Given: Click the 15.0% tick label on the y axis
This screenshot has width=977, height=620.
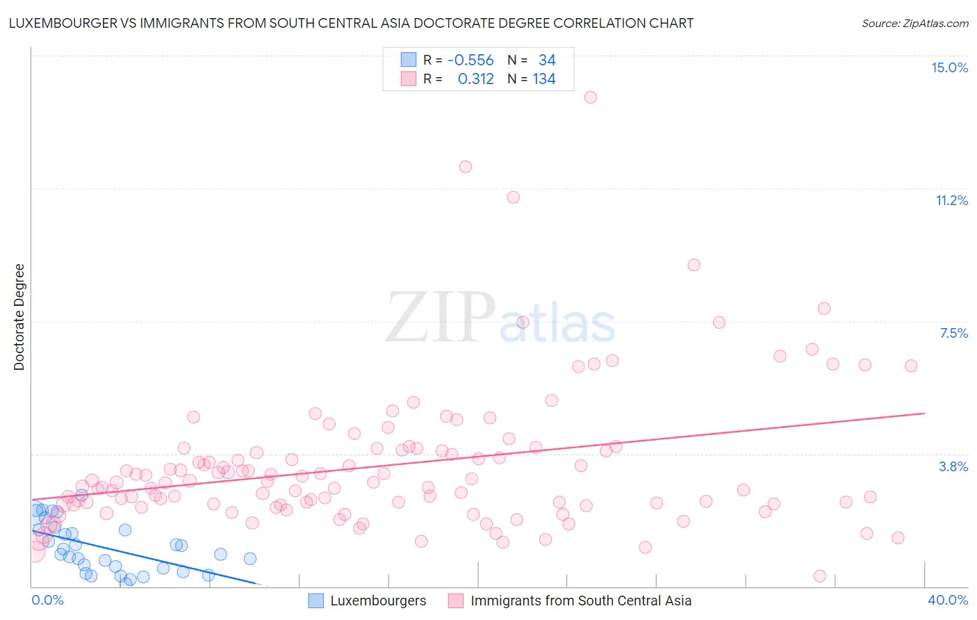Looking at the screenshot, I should pyautogui.click(x=949, y=67).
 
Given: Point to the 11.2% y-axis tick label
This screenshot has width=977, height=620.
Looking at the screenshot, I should pyautogui.click(x=951, y=200).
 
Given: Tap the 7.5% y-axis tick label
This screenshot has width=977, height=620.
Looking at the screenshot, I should pyautogui.click(x=953, y=333).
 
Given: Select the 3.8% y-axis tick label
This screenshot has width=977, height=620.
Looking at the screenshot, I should pyautogui.click(x=953, y=466).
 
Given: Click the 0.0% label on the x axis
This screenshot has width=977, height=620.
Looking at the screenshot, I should pyautogui.click(x=47, y=600).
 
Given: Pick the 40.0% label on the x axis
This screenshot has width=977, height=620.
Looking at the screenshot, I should pyautogui.click(x=947, y=600).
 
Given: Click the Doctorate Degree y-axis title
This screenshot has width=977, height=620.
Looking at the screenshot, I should pyautogui.click(x=19, y=317).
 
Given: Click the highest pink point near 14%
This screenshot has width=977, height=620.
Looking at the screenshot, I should pyautogui.click(x=591, y=97).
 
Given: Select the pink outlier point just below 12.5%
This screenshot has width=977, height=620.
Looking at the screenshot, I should pyautogui.click(x=466, y=167).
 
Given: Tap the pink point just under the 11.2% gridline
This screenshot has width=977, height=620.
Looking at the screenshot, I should pyautogui.click(x=514, y=197).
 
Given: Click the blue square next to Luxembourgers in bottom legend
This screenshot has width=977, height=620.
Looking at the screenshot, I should pyautogui.click(x=316, y=601).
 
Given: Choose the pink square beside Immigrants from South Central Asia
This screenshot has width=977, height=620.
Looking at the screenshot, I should pyautogui.click(x=456, y=601).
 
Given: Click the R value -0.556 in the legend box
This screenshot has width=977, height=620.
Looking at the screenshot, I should pyautogui.click(x=470, y=60).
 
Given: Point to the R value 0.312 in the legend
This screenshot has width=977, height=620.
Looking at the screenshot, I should pyautogui.click(x=475, y=79).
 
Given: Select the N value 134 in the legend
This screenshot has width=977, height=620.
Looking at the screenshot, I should pyautogui.click(x=544, y=79).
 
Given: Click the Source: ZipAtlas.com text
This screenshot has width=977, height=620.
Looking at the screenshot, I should pyautogui.click(x=914, y=24).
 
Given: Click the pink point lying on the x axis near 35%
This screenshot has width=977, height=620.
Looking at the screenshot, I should pyautogui.click(x=820, y=576).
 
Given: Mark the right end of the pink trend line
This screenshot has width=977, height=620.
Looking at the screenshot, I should pyautogui.click(x=924, y=413).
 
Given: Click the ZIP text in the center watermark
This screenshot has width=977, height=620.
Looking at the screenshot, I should pyautogui.click(x=441, y=318).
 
